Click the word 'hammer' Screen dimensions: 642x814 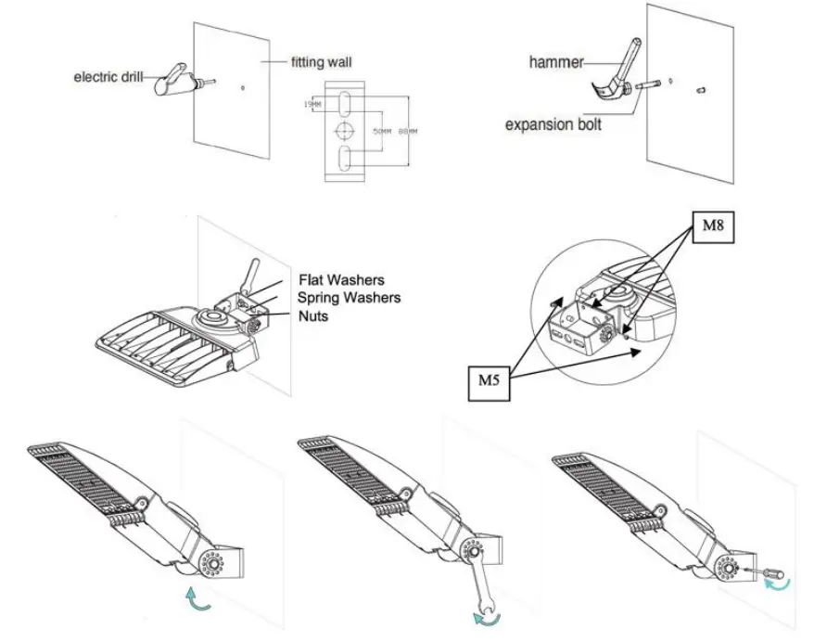[556, 62]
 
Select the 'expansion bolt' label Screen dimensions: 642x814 [553, 123]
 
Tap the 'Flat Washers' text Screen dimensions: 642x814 [341, 278]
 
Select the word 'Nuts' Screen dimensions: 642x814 [313, 316]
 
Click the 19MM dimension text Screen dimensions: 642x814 [312, 105]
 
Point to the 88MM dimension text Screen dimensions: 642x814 [408, 132]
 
